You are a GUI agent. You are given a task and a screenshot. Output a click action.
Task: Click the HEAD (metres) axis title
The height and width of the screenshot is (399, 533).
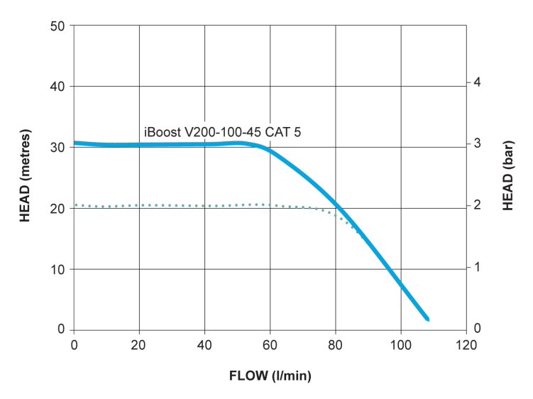[25, 177]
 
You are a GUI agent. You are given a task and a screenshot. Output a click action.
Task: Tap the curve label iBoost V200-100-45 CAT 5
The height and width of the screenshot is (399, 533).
[226, 131]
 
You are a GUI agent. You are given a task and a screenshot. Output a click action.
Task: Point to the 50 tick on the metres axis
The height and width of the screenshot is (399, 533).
[59, 26]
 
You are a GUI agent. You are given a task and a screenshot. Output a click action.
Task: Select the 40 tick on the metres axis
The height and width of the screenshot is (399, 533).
[59, 87]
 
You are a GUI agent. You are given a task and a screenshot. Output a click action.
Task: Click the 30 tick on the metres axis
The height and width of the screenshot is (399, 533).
[59, 148]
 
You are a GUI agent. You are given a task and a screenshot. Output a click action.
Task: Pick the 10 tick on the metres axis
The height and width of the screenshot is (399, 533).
[59, 269]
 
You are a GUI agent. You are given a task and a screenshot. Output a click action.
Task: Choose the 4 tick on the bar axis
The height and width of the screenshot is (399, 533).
[477, 82]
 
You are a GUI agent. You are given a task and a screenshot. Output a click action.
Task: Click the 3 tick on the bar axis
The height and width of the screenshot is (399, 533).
[477, 143]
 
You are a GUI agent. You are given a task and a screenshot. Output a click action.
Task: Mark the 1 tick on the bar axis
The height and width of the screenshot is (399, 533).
[477, 267]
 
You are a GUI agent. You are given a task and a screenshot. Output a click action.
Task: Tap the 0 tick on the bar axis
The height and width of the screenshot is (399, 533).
[477, 329]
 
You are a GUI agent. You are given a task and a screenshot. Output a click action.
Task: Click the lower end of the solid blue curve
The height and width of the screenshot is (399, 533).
[427, 319]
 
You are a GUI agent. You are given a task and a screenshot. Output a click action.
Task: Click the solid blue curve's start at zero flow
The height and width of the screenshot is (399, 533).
[75, 143]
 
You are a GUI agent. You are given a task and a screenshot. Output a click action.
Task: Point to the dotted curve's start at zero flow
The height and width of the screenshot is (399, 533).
[75, 205]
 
